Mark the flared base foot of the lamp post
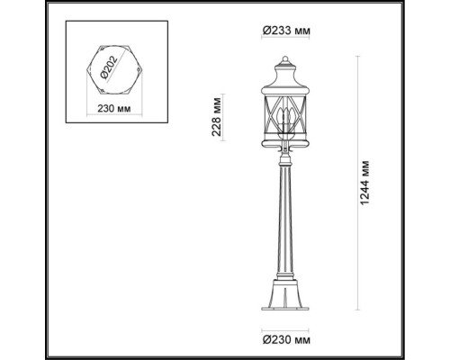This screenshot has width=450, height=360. tap(286, 310)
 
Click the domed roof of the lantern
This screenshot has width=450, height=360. tap(286, 69)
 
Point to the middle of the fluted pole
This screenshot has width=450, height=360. tap(286, 225)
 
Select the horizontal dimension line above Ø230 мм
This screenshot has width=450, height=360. tap(286, 329)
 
